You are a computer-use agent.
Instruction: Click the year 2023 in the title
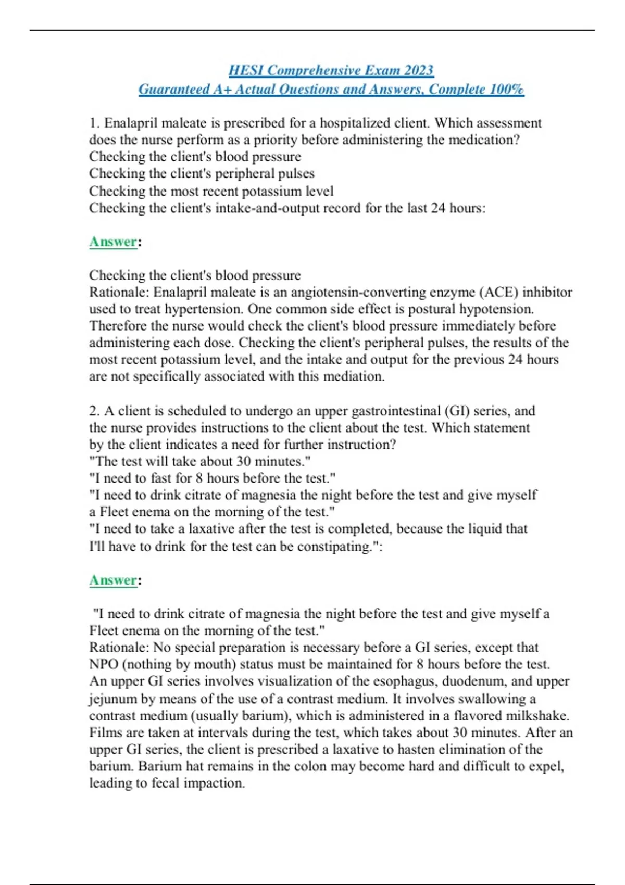tap(416, 70)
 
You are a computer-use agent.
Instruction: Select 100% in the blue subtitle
tap(507, 90)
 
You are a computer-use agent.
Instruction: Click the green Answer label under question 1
tap(113, 242)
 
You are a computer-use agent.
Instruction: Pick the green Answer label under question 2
tap(113, 580)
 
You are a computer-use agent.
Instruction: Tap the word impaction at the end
tap(217, 783)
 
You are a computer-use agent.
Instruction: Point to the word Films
tap(106, 732)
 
